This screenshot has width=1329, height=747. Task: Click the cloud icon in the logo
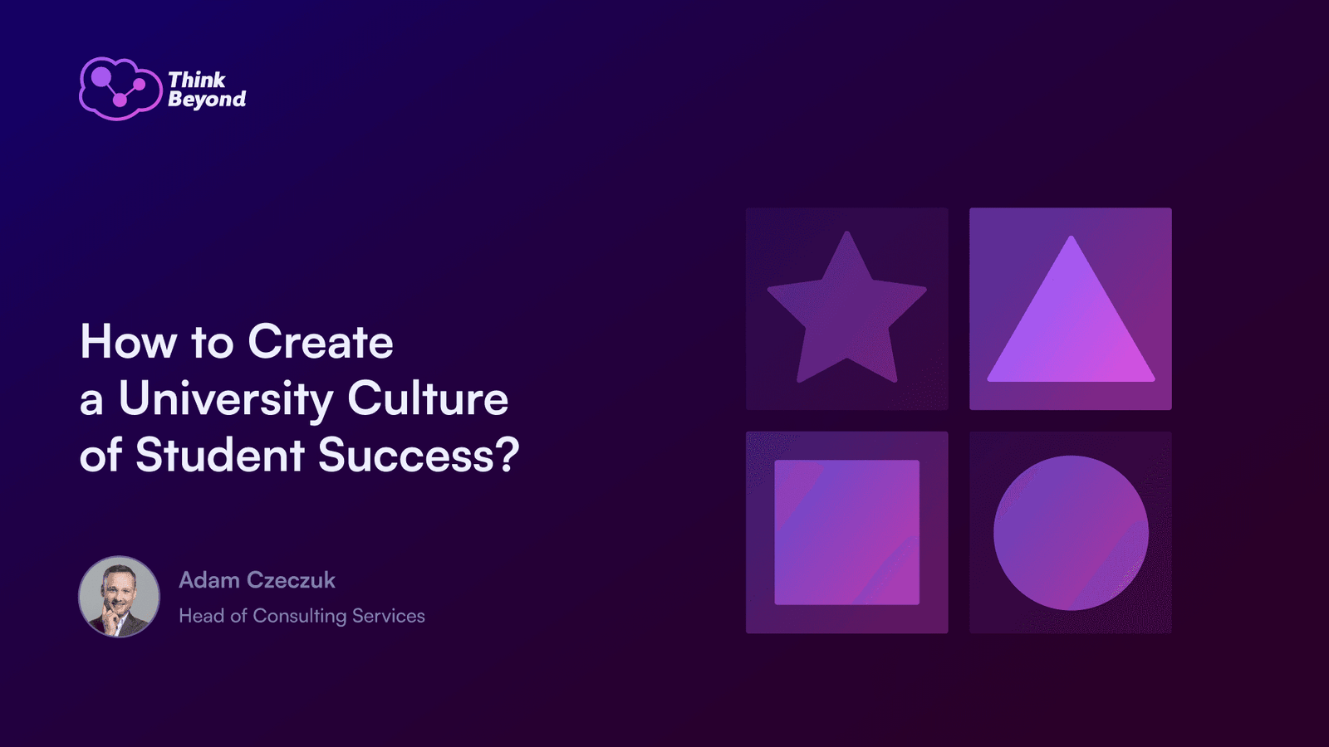pyautogui.click(x=120, y=89)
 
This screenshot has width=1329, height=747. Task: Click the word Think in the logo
pyautogui.click(x=197, y=80)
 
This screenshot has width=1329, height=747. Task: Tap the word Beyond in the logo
pyautogui.click(x=207, y=100)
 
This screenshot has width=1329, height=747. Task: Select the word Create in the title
pyautogui.click(x=321, y=342)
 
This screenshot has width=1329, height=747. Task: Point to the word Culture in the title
pyautogui.click(x=428, y=398)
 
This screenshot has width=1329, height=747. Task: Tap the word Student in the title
pyautogui.click(x=220, y=456)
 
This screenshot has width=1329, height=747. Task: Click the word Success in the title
pyautogui.click(x=406, y=456)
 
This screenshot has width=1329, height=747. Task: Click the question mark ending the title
pyautogui.click(x=508, y=455)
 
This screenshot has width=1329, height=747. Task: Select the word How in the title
pyautogui.click(x=129, y=342)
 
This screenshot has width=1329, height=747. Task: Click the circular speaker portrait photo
pyautogui.click(x=120, y=597)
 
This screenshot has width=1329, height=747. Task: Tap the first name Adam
pyautogui.click(x=208, y=580)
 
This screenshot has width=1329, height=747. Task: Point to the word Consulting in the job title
pyautogui.click(x=300, y=617)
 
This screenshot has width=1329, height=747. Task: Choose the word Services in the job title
pyautogui.click(x=389, y=616)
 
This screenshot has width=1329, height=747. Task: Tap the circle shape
pyautogui.click(x=1071, y=532)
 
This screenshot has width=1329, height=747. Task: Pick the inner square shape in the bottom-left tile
pyautogui.click(x=846, y=532)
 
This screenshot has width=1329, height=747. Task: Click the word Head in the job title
pyautogui.click(x=202, y=616)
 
